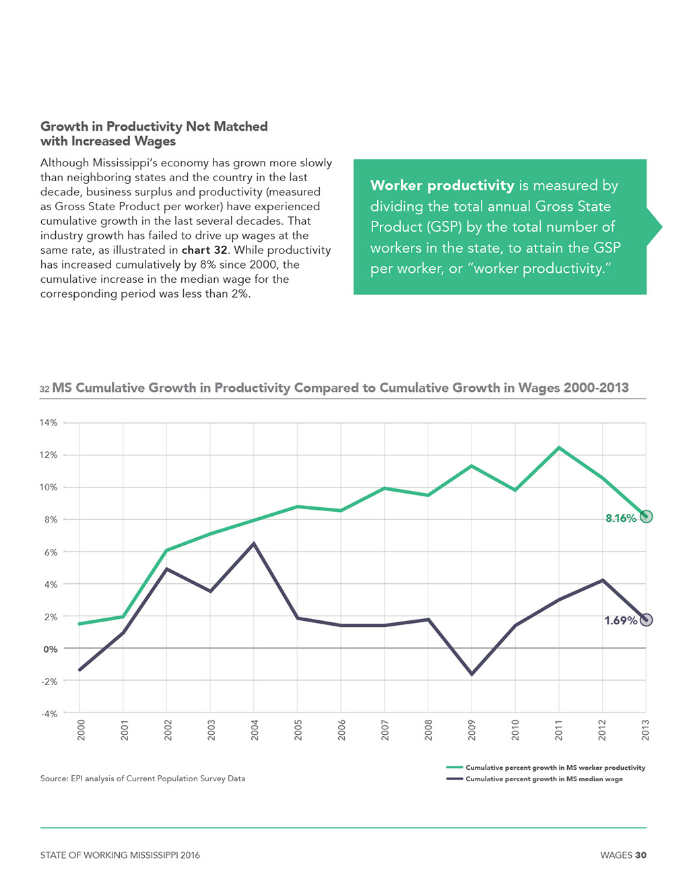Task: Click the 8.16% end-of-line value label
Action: [621, 519]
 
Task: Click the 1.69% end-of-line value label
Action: [621, 621]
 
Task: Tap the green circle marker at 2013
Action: [646, 517]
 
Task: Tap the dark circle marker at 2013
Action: [646, 620]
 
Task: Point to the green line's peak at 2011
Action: [559, 448]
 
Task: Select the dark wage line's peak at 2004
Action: [254, 544]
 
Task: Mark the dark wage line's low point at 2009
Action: [471, 674]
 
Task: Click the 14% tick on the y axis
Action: [48, 423]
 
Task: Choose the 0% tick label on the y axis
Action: [51, 649]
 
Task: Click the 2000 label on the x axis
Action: [81, 730]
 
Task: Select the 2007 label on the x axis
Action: [385, 730]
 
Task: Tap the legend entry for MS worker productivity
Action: [546, 768]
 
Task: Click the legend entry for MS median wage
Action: [534, 779]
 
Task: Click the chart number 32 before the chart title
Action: [44, 389]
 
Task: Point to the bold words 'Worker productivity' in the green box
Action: [442, 185]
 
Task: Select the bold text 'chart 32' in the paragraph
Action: [204, 250]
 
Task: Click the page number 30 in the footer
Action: [641, 855]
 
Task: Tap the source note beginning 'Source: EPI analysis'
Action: [143, 779]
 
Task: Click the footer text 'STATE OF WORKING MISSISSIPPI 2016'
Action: [120, 855]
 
